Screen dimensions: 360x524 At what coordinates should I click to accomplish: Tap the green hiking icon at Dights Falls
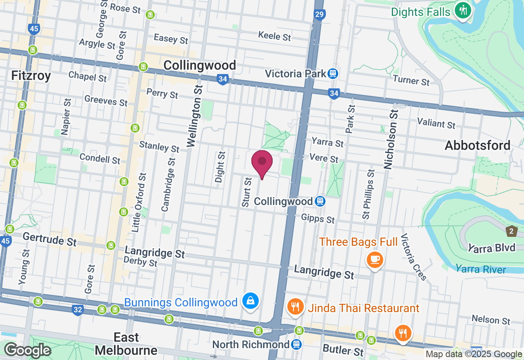click(x=463, y=10)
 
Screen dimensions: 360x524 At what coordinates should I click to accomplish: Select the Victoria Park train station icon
click(x=332, y=74)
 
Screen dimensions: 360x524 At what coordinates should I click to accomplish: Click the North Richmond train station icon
click(x=297, y=344)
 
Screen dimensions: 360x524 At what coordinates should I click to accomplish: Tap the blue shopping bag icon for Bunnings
click(x=250, y=301)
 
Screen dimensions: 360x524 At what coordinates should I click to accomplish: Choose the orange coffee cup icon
click(x=375, y=259)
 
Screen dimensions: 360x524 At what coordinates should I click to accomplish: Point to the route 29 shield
click(x=320, y=15)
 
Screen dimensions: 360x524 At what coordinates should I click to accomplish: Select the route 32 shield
click(x=77, y=310)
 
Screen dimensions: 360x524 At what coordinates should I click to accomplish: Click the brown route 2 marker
click(x=511, y=231)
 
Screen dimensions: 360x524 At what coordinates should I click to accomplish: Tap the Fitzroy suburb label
click(x=31, y=76)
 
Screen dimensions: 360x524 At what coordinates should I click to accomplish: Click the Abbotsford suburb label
click(x=477, y=145)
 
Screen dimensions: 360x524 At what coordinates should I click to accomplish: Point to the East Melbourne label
click(x=126, y=344)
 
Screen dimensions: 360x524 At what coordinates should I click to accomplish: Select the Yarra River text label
click(x=481, y=269)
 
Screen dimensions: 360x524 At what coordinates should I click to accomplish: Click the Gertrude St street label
click(x=50, y=239)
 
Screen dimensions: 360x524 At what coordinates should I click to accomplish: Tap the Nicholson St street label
click(x=391, y=139)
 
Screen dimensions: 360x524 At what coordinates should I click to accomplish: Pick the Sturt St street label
click(x=246, y=192)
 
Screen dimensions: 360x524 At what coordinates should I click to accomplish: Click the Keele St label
click(x=274, y=36)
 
